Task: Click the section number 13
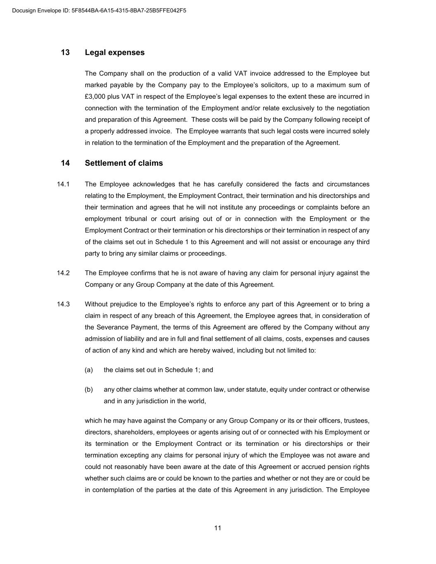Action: click(x=65, y=52)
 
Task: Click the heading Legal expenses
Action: click(x=114, y=52)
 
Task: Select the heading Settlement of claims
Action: click(x=124, y=163)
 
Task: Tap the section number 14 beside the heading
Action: click(x=65, y=163)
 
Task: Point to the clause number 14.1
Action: click(x=63, y=184)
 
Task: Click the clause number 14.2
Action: click(x=63, y=273)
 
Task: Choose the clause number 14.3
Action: click(x=63, y=305)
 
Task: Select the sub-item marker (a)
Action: click(x=89, y=370)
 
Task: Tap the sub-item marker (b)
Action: click(x=89, y=390)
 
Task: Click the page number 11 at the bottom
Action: click(x=218, y=528)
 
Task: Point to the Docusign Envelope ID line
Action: click(x=99, y=11)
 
